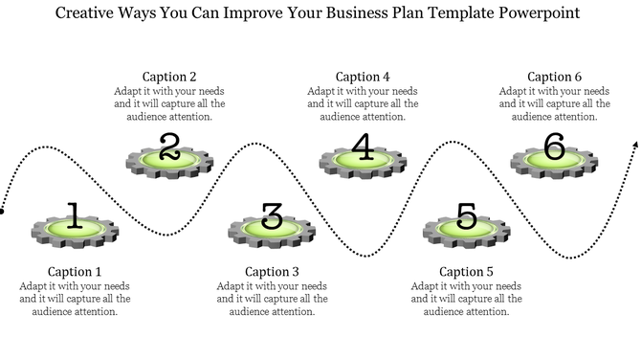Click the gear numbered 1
click(x=76, y=227)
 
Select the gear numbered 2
click(x=169, y=157)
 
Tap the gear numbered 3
click(x=272, y=227)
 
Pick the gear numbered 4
click(x=362, y=157)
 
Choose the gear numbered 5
click(x=466, y=227)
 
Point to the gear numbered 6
click(x=554, y=157)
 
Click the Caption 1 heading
click(x=74, y=272)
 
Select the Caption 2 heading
click(x=169, y=77)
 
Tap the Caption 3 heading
click(x=272, y=272)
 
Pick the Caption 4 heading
click(x=363, y=77)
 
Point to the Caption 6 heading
click(x=555, y=77)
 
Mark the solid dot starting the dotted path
click(x=3, y=212)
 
